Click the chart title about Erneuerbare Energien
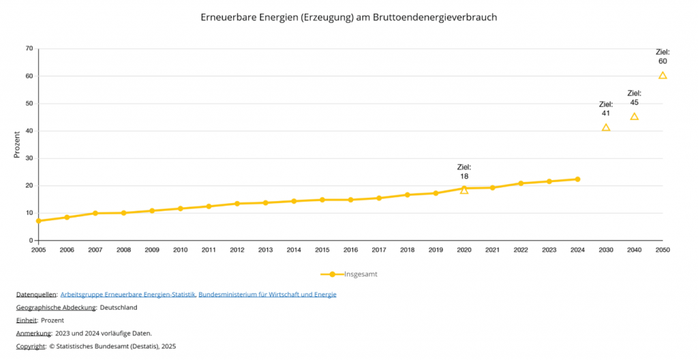pyautogui.click(x=348, y=17)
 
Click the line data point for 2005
pyautogui.click(x=39, y=221)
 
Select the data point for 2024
pyautogui.click(x=577, y=179)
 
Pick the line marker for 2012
pyautogui.click(x=237, y=203)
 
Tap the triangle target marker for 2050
pyautogui.click(x=663, y=75)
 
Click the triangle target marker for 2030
pyautogui.click(x=606, y=127)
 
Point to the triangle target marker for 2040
pyautogui.click(x=634, y=117)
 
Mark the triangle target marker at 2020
pyautogui.click(x=464, y=190)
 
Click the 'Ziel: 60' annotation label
pyautogui.click(x=663, y=57)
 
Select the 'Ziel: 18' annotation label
pyautogui.click(x=464, y=172)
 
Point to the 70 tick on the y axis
pyautogui.click(x=29, y=48)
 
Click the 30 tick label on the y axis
pyautogui.click(x=29, y=158)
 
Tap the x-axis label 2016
pyautogui.click(x=350, y=250)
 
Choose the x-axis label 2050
pyautogui.click(x=663, y=250)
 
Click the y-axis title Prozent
pyautogui.click(x=18, y=145)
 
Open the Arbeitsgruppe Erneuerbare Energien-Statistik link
pyautogui.click(x=127, y=295)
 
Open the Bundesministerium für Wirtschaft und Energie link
pyautogui.click(x=267, y=295)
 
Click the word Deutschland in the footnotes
pyautogui.click(x=119, y=307)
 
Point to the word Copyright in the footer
pyautogui.click(x=31, y=346)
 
